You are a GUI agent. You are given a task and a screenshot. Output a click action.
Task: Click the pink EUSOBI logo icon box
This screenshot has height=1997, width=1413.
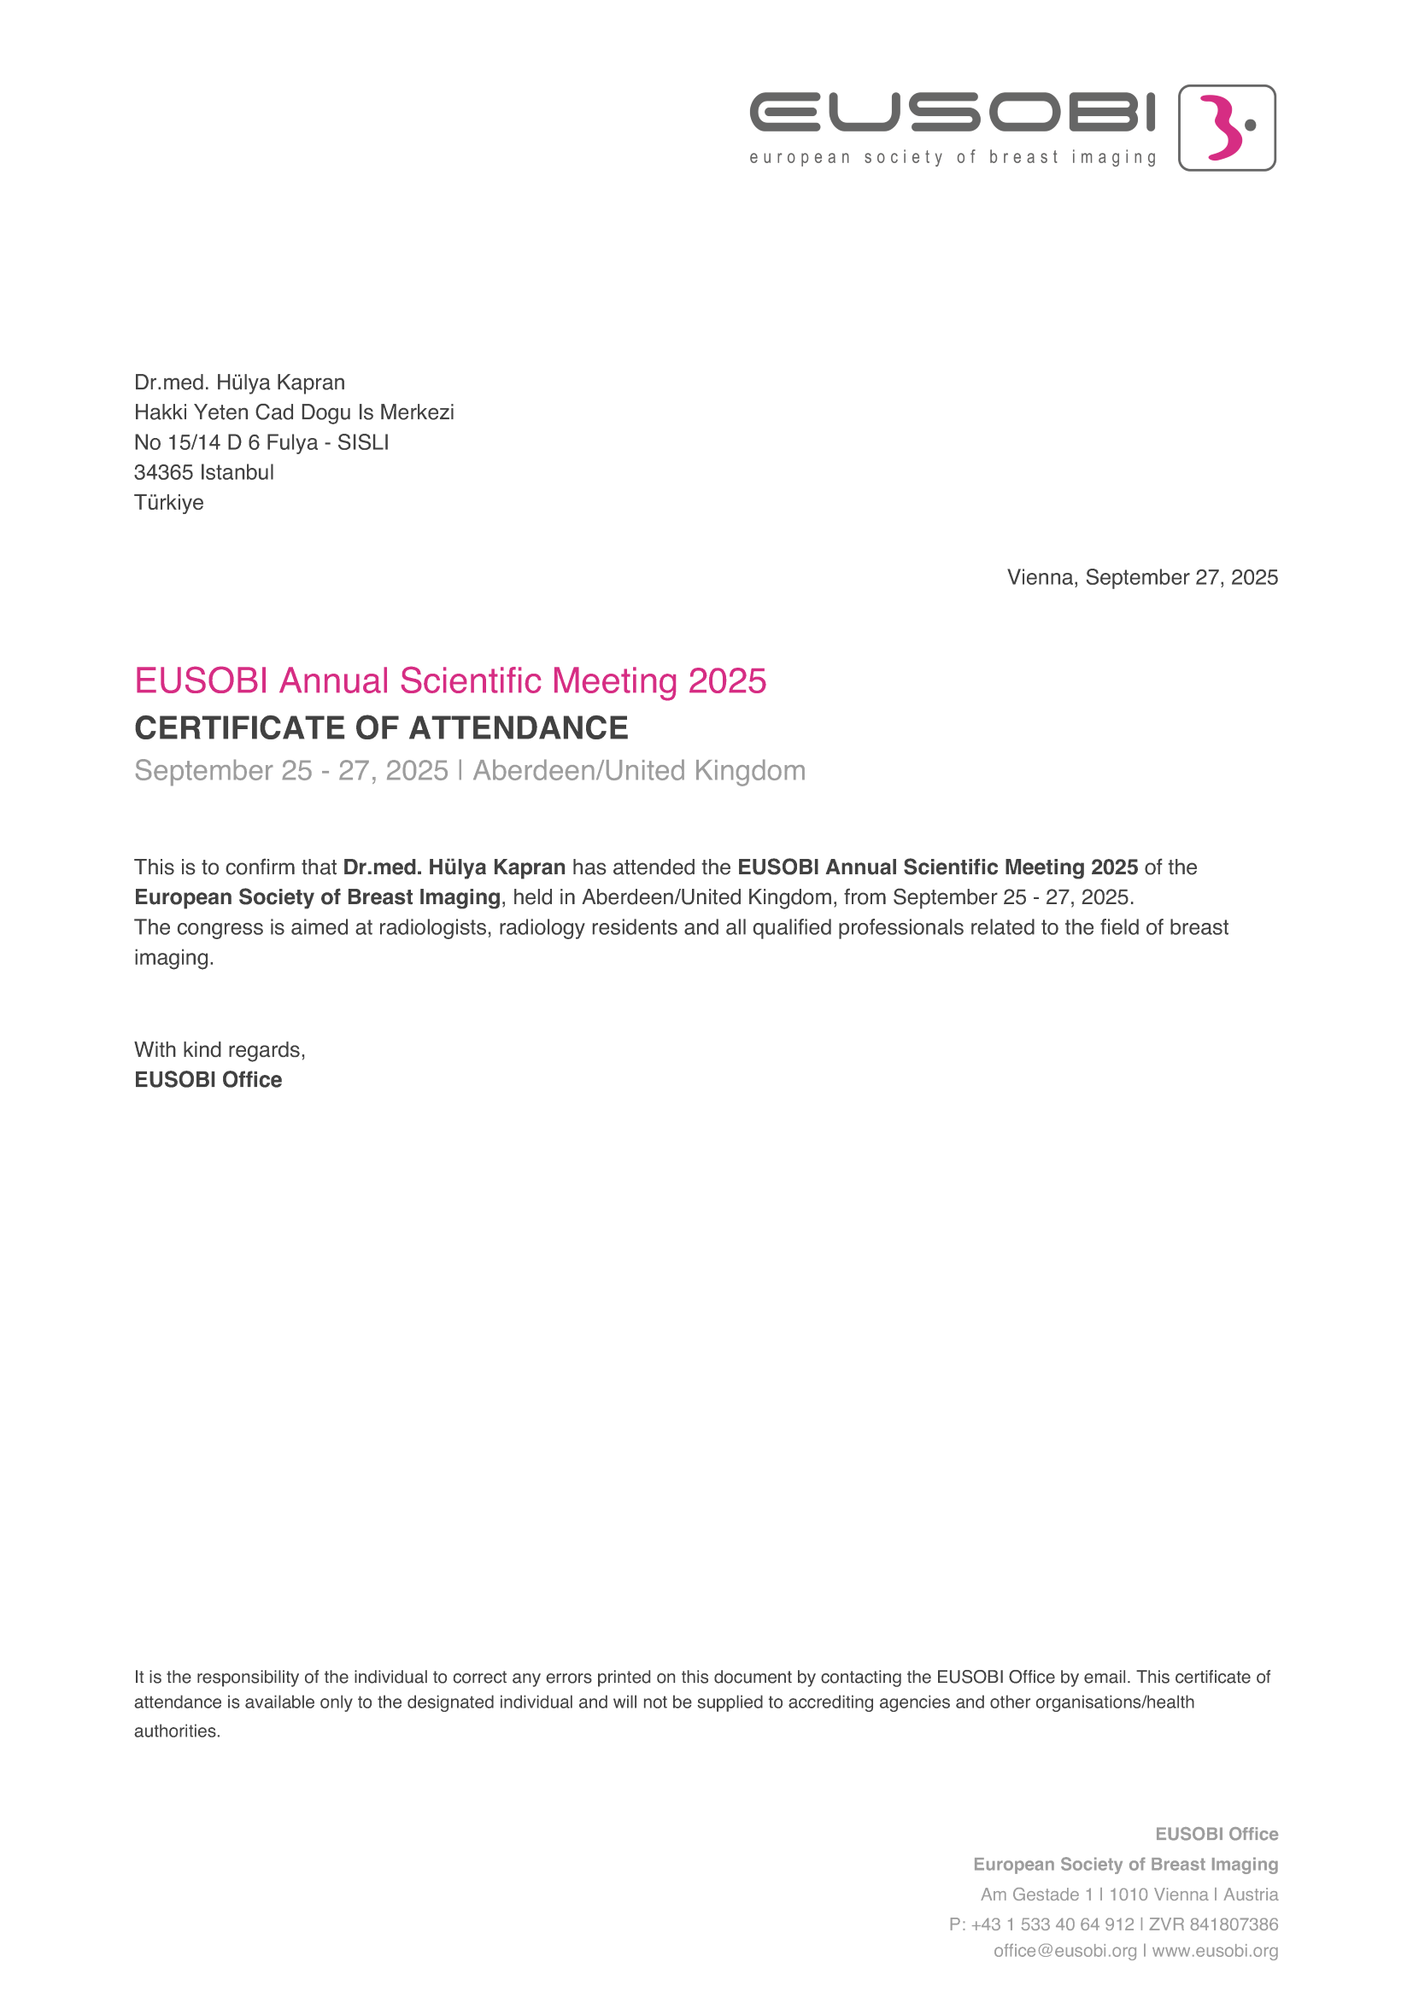pyautogui.click(x=1226, y=128)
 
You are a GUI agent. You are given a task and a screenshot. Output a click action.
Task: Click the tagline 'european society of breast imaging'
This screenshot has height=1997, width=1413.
pyautogui.click(x=953, y=157)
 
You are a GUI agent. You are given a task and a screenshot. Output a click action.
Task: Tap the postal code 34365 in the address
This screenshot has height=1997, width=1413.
pyautogui.click(x=162, y=472)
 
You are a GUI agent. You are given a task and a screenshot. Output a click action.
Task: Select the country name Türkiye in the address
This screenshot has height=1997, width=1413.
pyautogui.click(x=169, y=503)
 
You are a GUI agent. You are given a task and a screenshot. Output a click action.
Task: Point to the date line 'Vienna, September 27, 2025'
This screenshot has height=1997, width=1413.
pyautogui.click(x=1141, y=577)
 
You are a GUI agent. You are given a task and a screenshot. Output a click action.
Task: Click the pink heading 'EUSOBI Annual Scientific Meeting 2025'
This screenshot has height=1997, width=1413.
pyautogui.click(x=450, y=681)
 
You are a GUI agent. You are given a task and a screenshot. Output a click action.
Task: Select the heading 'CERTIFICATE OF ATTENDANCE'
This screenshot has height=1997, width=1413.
pyautogui.click(x=381, y=728)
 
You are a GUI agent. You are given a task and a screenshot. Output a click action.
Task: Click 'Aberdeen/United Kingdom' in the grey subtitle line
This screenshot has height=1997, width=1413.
pyautogui.click(x=639, y=771)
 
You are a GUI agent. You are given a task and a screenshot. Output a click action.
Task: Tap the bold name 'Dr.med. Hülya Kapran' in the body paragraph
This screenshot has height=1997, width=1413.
pyautogui.click(x=454, y=867)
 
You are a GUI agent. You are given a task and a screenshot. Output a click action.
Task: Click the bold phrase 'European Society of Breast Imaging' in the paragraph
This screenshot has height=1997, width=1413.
pyautogui.click(x=318, y=896)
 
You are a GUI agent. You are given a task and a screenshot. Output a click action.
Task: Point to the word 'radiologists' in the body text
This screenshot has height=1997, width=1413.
pyautogui.click(x=432, y=927)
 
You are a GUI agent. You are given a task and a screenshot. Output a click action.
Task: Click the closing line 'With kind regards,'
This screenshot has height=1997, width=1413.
pyautogui.click(x=220, y=1050)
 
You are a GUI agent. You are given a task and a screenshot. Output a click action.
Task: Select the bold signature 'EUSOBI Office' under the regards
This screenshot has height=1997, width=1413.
pyautogui.click(x=208, y=1079)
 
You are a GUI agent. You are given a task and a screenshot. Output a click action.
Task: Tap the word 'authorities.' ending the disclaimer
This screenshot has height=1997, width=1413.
pyautogui.click(x=178, y=1731)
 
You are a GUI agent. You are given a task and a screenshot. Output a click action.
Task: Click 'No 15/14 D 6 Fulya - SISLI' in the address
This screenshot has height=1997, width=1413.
pyautogui.click(x=261, y=443)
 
